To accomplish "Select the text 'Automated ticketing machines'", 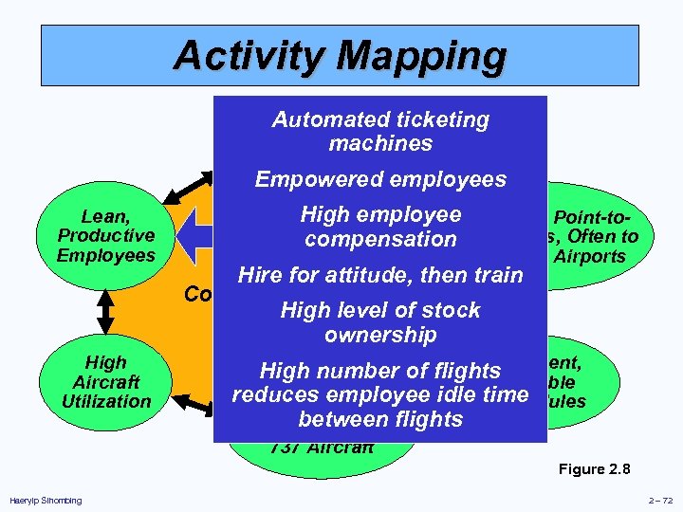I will pos(379,132).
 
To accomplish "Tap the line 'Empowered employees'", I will pos(379,179).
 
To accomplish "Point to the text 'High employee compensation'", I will pos(379,228).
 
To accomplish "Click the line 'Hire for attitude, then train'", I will pos(380,276).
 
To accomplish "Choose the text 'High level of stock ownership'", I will pos(379,322).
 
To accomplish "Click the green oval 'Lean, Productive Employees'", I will pos(106,235).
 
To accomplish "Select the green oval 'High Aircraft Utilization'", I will pos(106,381).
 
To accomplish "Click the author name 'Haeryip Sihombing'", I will pos(45,501).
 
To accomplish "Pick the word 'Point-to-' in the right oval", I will pos(595,217).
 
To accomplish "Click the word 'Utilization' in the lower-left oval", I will pos(106,401).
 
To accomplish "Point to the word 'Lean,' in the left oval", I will pos(106,215).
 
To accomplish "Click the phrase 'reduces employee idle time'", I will pos(379,394).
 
